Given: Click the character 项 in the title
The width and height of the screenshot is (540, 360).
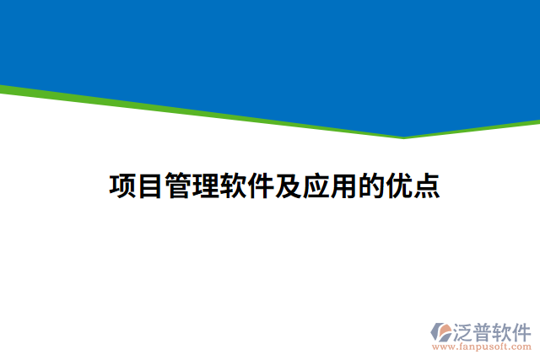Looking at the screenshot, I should click(x=123, y=186).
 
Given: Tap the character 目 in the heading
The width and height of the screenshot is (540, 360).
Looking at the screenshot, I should click(x=150, y=186).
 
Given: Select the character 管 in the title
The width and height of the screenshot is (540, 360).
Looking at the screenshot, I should click(x=178, y=186).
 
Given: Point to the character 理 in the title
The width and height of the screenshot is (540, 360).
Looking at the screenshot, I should click(x=206, y=186).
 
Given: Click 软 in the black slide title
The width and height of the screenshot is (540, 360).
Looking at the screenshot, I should click(x=233, y=186).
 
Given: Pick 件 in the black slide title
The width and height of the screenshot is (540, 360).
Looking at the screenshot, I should click(x=261, y=186).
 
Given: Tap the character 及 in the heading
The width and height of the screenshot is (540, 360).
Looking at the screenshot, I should click(x=288, y=186).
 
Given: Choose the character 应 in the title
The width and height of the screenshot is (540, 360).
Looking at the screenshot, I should click(x=316, y=186).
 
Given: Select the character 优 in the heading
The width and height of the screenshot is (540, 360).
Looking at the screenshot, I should click(x=398, y=186).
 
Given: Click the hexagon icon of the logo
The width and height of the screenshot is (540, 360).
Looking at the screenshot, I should click(x=441, y=331).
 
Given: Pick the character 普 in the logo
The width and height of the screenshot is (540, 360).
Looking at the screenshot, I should click(x=483, y=330).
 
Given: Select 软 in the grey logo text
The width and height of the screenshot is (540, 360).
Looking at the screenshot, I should click(x=504, y=330).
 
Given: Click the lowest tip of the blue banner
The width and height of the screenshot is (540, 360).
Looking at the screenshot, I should click(x=403, y=136).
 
